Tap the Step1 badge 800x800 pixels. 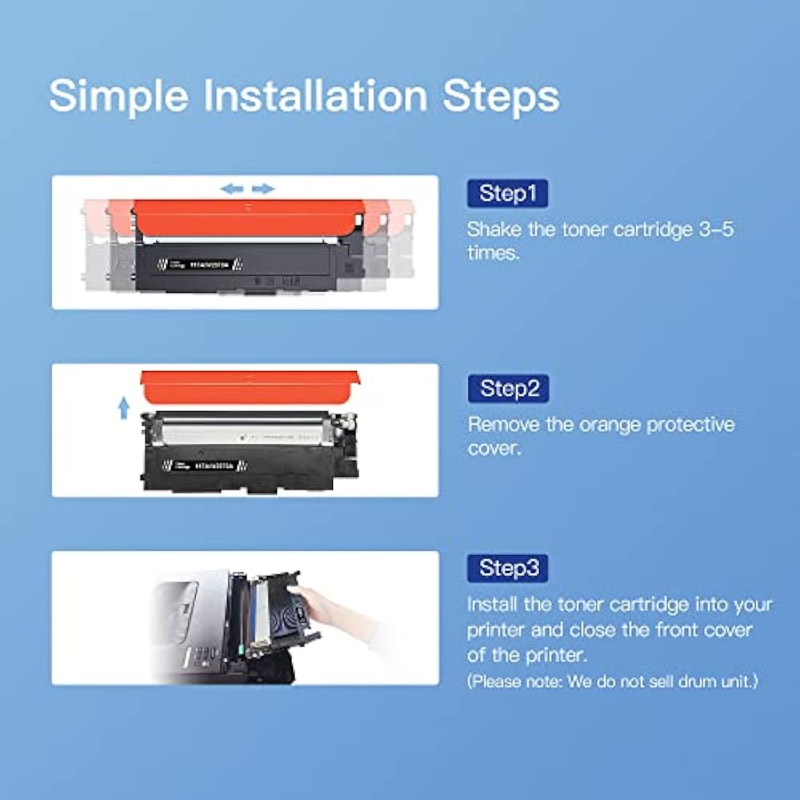[x=508, y=193]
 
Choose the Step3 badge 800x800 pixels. [x=508, y=567]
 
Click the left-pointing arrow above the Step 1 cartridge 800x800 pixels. [x=232, y=189]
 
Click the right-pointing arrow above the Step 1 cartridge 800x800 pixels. [x=263, y=189]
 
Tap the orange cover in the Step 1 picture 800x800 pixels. [x=247, y=218]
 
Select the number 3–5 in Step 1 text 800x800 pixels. [x=716, y=230]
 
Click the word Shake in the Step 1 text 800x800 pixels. [x=495, y=230]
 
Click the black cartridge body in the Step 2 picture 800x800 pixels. [x=247, y=465]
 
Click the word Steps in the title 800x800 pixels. [x=502, y=96]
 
